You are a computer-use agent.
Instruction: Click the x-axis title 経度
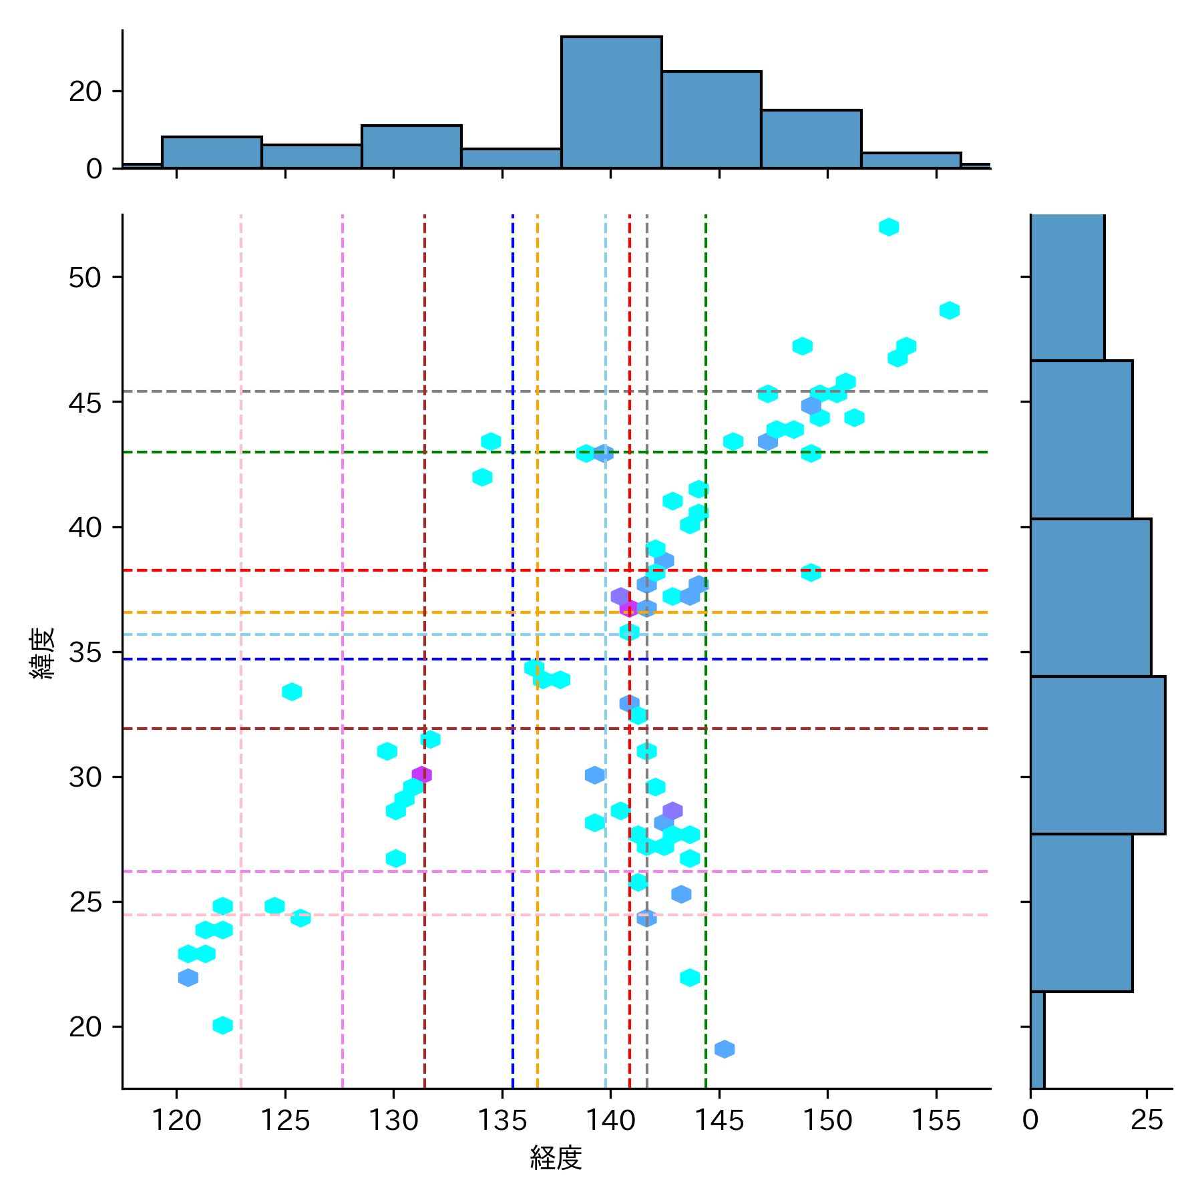coord(556,1158)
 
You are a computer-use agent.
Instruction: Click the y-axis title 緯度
coord(43,653)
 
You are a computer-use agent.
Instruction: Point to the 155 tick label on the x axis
coord(936,1121)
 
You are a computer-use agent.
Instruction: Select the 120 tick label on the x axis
coord(176,1121)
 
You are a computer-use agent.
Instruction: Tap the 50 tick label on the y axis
coord(85,277)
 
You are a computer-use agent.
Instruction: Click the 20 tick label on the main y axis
coord(85,1027)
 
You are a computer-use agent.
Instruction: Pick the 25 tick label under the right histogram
coord(1147,1121)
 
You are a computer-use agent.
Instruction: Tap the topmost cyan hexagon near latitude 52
coord(888,227)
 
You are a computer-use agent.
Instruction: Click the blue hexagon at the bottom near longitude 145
coord(725,1049)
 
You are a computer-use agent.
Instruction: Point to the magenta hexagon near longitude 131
coord(421,775)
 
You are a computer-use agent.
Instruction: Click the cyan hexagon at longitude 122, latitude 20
coord(222,1025)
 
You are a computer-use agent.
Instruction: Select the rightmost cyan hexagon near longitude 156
coord(949,311)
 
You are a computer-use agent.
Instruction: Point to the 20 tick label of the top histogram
coord(85,91)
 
